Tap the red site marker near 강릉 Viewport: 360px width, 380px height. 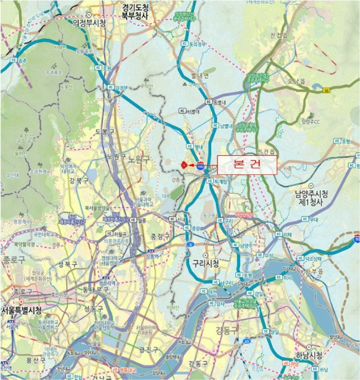[184, 163]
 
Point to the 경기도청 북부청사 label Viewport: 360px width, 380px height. [143, 12]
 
